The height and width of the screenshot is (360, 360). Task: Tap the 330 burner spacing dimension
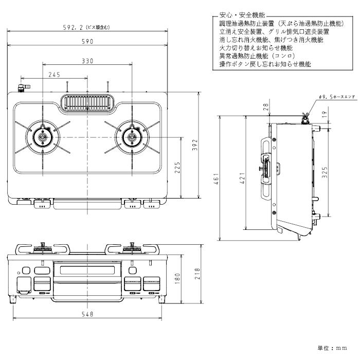click(x=87, y=61)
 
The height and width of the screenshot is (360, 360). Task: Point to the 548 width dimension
click(x=87, y=314)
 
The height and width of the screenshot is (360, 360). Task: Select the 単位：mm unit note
click(x=332, y=348)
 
